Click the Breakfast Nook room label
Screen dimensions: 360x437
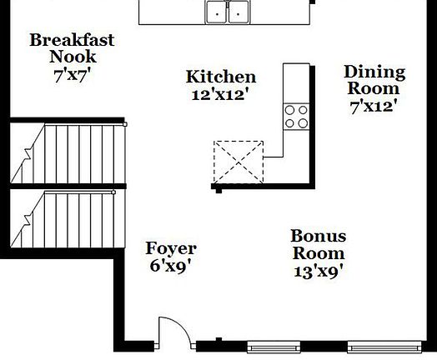[x=73, y=48]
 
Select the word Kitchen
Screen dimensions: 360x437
[x=220, y=77]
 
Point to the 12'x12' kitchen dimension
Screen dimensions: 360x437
[x=220, y=94]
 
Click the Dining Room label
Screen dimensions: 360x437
[x=374, y=80]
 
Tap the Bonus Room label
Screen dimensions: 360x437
[x=319, y=245]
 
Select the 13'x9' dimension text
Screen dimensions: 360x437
[x=319, y=271]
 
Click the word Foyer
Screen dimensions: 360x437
[x=171, y=248]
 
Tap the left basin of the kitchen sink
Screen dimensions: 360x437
[x=217, y=12]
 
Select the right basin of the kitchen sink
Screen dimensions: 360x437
[x=240, y=12]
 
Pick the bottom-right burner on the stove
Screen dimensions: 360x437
[x=301, y=122]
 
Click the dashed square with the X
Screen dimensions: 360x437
[x=238, y=160]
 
